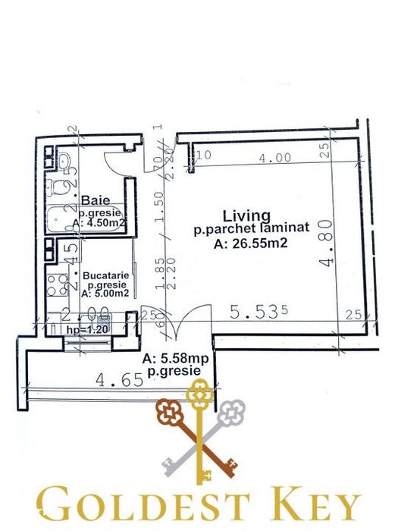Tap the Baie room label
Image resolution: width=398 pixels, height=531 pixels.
tap(92, 200)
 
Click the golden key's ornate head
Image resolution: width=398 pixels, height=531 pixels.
tap(199, 394)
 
